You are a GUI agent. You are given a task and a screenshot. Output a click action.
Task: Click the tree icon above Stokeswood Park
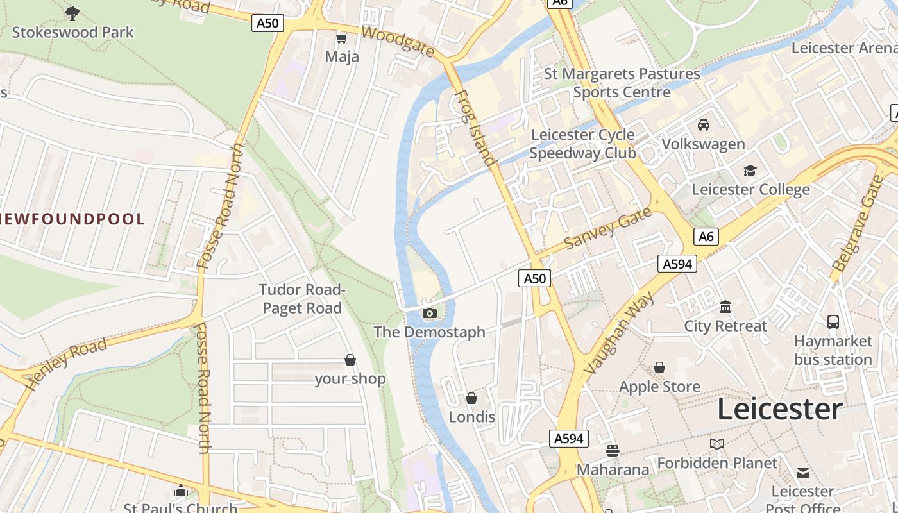(x=72, y=13)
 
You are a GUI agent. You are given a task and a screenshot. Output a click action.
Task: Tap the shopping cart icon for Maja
(x=341, y=38)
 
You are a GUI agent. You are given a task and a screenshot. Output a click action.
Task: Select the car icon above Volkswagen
(x=704, y=125)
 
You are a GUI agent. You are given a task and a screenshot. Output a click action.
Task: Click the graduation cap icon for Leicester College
(x=750, y=171)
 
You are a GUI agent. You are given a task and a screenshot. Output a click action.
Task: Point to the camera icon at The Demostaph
(x=430, y=314)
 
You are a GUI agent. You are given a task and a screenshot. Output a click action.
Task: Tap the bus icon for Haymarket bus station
(x=833, y=322)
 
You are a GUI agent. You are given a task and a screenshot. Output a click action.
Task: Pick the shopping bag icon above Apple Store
(x=659, y=368)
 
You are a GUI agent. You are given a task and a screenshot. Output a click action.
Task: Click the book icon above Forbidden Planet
(x=717, y=444)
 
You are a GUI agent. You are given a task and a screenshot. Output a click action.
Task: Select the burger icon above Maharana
(x=613, y=451)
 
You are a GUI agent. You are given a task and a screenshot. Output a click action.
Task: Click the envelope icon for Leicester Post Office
(x=803, y=473)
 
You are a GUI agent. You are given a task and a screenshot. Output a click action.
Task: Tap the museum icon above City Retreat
(x=725, y=307)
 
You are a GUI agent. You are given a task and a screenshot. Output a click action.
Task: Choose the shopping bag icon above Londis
(x=471, y=399)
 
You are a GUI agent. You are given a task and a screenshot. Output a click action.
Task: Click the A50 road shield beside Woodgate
(x=267, y=24)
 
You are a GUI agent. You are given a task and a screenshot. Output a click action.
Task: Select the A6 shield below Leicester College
(x=706, y=237)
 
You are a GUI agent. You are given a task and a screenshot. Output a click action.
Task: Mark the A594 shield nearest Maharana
(x=569, y=439)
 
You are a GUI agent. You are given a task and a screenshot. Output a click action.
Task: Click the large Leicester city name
(x=779, y=409)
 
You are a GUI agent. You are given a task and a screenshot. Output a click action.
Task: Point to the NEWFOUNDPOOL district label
(x=72, y=219)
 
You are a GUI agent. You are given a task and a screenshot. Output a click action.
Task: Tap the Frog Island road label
(x=475, y=128)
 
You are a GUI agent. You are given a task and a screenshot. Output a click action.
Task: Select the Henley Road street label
(x=67, y=364)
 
